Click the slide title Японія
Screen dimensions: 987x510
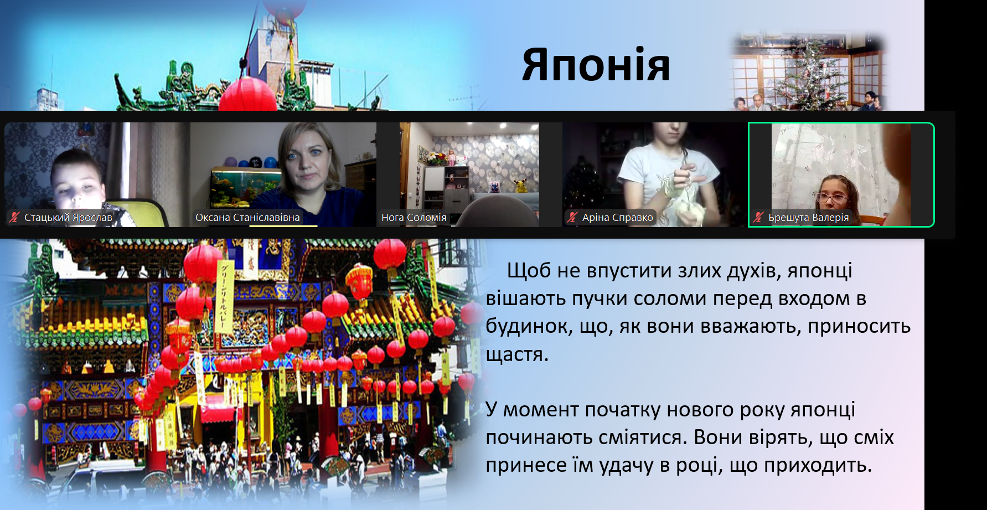(596, 65)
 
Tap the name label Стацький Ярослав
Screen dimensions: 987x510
(68, 218)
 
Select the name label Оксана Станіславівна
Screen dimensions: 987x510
(247, 218)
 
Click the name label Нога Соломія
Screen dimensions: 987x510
(414, 218)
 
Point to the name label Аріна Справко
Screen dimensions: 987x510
(617, 218)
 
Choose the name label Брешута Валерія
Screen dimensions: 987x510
(808, 218)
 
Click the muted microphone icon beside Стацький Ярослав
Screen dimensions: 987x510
(15, 218)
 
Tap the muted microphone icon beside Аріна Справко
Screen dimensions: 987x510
(572, 218)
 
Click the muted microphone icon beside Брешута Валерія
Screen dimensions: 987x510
(758, 218)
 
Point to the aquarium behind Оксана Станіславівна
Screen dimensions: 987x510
(246, 187)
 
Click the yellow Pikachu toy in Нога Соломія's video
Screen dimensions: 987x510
(520, 186)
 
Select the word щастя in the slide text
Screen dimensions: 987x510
(517, 354)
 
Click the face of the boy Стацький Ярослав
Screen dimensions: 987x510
(77, 186)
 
